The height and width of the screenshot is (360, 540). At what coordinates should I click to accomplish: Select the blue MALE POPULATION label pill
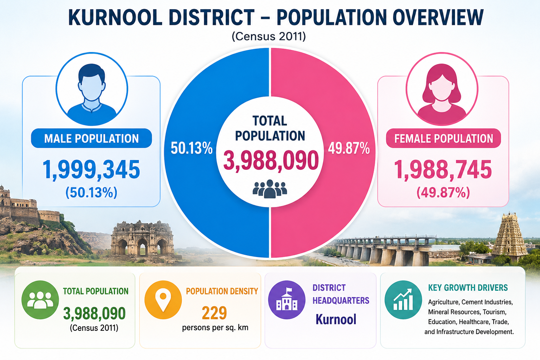(x=91, y=138)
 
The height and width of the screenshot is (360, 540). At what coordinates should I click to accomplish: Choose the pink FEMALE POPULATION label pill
(x=443, y=138)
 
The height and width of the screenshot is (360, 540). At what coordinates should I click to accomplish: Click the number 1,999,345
(x=91, y=169)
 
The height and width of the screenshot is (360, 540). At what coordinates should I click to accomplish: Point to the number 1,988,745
(x=443, y=169)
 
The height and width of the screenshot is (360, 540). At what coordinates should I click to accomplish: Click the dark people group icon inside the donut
(x=270, y=189)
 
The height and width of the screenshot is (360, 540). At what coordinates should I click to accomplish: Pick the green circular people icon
(x=40, y=300)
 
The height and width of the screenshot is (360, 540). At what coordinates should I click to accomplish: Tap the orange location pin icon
(x=163, y=300)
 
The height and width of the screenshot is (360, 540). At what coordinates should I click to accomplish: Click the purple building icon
(x=287, y=300)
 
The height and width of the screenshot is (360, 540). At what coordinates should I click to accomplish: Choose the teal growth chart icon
(x=403, y=300)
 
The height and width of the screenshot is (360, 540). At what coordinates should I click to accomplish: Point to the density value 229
(x=214, y=313)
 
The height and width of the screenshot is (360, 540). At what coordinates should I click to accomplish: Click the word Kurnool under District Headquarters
(x=336, y=319)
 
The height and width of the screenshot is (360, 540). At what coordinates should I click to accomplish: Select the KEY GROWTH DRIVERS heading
(x=468, y=288)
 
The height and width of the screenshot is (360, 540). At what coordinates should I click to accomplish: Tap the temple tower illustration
(x=509, y=236)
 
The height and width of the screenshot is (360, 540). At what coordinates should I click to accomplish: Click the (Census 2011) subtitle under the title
(x=269, y=37)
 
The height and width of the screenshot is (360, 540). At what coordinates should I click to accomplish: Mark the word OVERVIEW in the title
(x=438, y=17)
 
